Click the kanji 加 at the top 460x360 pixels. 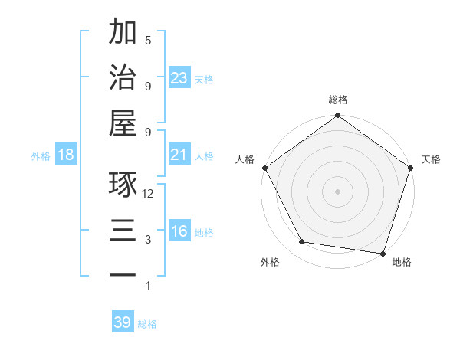click(123, 32)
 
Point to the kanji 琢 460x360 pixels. click(123, 185)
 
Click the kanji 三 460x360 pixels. click(123, 231)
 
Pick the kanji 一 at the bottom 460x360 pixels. click(123, 275)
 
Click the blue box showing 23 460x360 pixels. click(179, 77)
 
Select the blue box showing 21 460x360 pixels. click(179, 155)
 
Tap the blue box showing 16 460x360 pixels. click(179, 231)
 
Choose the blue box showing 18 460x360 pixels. click(66, 155)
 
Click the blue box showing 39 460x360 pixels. click(122, 322)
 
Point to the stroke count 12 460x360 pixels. click(148, 194)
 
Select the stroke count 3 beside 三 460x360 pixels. click(148, 240)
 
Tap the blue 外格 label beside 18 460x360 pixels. click(41, 155)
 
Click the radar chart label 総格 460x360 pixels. click(337, 100)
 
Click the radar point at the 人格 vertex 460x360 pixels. click(264, 168)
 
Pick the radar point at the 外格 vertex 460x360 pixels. click(302, 242)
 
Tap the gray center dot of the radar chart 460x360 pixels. click(337, 191)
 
